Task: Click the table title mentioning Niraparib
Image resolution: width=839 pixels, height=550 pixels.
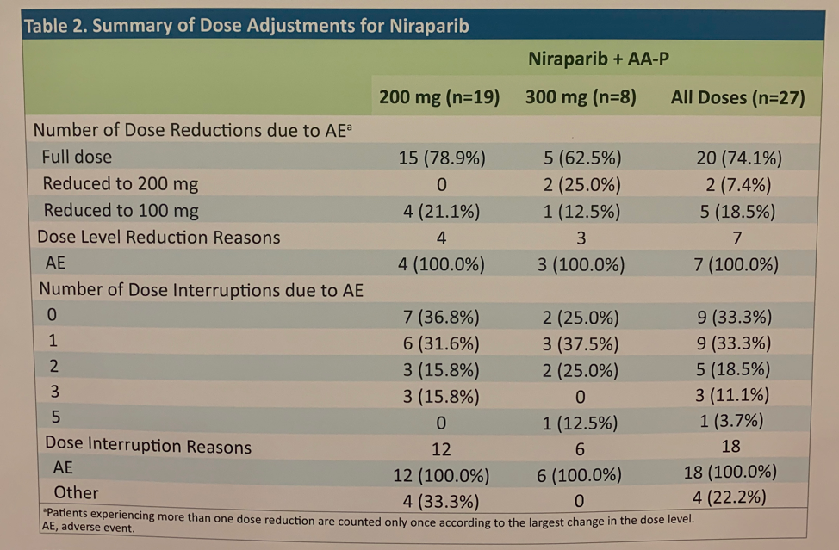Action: point(246,26)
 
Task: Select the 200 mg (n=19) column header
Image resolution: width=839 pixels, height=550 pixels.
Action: point(439,97)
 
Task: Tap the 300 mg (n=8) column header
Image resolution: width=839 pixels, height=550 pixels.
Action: point(581,97)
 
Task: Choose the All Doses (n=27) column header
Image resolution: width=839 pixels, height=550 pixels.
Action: point(738,98)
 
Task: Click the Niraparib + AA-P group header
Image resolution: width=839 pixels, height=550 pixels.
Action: point(598,59)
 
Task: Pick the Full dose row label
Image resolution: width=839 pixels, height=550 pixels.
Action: point(77,157)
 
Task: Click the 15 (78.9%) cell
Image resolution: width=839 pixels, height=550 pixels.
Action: point(442,158)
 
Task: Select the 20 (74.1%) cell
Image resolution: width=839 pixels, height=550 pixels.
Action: point(739,158)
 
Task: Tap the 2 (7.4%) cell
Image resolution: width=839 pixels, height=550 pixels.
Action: point(738,185)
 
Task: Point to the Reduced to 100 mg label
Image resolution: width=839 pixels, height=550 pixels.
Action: point(121,211)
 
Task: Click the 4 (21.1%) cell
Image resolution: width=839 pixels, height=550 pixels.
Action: point(441,212)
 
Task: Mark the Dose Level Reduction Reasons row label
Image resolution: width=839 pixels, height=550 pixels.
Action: point(158,237)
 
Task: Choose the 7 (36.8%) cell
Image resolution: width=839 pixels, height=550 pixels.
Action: point(441,318)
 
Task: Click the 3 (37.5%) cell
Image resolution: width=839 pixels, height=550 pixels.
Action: point(581,343)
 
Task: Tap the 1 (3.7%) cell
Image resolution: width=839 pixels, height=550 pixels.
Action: point(731,421)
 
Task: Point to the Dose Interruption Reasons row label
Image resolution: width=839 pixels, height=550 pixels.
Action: point(148,445)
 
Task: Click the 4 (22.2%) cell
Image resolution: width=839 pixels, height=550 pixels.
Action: point(730,497)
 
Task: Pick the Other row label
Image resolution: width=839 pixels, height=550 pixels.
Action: point(76,492)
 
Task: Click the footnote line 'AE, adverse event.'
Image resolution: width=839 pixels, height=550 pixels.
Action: point(88,528)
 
